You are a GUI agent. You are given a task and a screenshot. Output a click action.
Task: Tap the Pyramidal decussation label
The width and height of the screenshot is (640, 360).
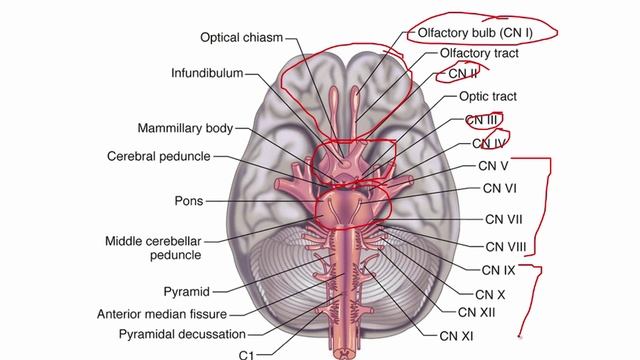click(180, 334)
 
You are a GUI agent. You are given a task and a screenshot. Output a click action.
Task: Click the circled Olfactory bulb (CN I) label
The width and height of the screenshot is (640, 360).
click(471, 32)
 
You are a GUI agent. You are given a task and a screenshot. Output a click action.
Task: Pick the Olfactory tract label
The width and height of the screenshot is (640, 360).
click(478, 53)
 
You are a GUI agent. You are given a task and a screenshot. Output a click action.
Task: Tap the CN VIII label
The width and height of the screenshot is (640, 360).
click(506, 246)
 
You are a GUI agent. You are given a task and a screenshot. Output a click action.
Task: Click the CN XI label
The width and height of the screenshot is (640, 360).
click(456, 337)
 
